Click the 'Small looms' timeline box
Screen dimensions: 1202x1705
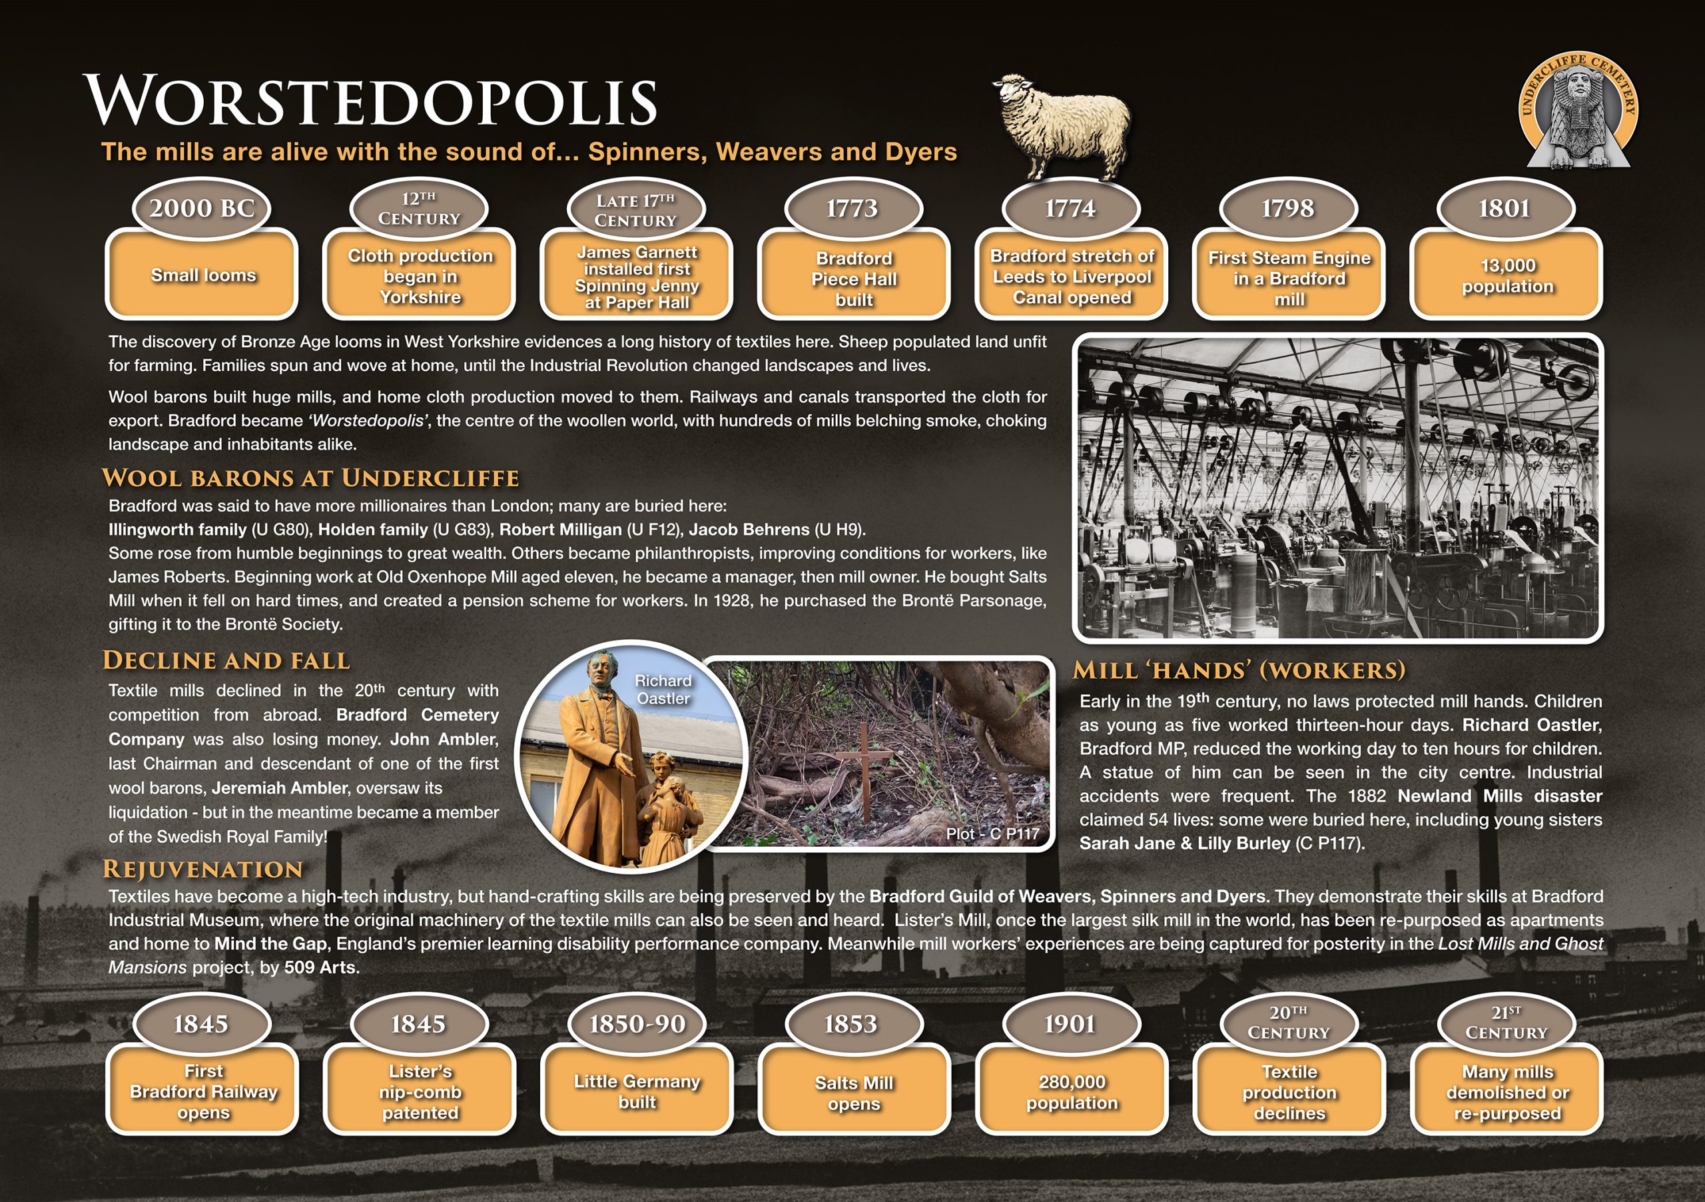tap(202, 275)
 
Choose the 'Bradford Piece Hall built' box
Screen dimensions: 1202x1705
tap(853, 279)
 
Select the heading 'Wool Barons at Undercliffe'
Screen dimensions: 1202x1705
tap(310, 478)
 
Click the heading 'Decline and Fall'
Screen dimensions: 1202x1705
tap(226, 660)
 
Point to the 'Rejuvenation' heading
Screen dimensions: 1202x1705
tap(202, 869)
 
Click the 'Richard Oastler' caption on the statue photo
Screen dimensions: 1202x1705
tap(663, 690)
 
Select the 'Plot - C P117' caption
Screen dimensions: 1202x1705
tap(992, 834)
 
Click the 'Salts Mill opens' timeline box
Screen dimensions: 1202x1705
tap(853, 1093)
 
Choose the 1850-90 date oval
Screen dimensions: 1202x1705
tap(637, 1023)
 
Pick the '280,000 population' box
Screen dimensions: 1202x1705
tap(1071, 1093)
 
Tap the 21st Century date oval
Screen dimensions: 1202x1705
tap(1506, 1023)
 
